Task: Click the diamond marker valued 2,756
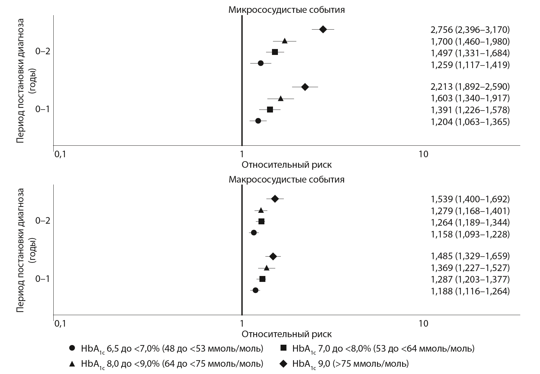[x=323, y=29]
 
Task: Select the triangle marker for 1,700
[x=284, y=41]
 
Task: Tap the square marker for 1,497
[x=275, y=52]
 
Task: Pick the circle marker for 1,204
[x=258, y=121]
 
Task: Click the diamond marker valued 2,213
[x=305, y=87]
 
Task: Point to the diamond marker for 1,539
[x=275, y=199]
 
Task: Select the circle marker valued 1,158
[x=254, y=233]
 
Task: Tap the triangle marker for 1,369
[x=266, y=268]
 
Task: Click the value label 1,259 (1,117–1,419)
[x=470, y=65]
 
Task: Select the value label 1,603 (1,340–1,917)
[x=470, y=98]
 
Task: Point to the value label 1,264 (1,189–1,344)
[x=470, y=222]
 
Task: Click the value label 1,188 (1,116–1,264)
[x=470, y=291]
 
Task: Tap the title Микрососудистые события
[x=286, y=10]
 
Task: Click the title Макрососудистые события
[x=286, y=180]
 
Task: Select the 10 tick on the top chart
[x=424, y=154]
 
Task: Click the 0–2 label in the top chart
[x=42, y=52]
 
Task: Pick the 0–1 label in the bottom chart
[x=42, y=279]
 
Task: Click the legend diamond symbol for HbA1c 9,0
[x=283, y=364]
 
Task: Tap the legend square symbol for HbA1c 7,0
[x=283, y=348]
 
